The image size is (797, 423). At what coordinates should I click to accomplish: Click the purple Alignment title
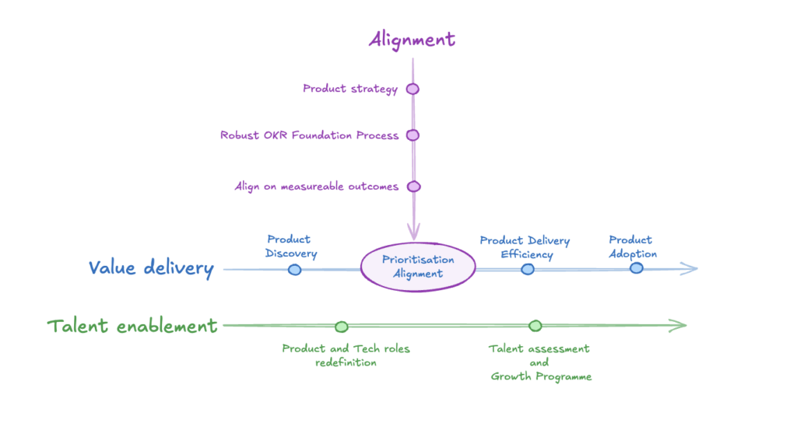(412, 39)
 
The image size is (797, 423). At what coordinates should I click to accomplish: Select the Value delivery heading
(150, 268)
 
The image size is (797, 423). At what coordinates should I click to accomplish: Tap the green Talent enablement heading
(132, 326)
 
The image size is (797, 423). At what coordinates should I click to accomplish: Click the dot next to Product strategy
(413, 89)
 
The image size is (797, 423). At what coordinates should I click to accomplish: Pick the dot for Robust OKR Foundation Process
(413, 135)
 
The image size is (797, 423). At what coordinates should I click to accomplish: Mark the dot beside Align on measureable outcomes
(414, 187)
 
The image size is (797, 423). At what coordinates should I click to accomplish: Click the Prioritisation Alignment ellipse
(418, 267)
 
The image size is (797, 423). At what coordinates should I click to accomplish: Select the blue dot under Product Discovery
(294, 270)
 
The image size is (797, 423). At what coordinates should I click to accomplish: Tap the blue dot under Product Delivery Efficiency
(528, 269)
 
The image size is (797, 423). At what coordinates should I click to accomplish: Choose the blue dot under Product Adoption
(636, 268)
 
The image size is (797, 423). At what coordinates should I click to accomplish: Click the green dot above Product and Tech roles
(341, 327)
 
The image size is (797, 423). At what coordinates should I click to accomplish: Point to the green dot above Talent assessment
(535, 326)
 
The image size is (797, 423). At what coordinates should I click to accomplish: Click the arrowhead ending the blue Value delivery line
(690, 269)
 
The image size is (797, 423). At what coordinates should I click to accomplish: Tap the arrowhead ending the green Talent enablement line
(679, 326)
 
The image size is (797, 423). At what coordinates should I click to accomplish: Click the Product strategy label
(350, 89)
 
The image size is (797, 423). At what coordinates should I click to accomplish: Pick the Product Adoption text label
(632, 246)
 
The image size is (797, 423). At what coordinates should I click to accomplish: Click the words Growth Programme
(541, 376)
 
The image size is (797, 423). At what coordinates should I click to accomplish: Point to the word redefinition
(346, 362)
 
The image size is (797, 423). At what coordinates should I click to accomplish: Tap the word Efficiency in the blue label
(527, 254)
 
